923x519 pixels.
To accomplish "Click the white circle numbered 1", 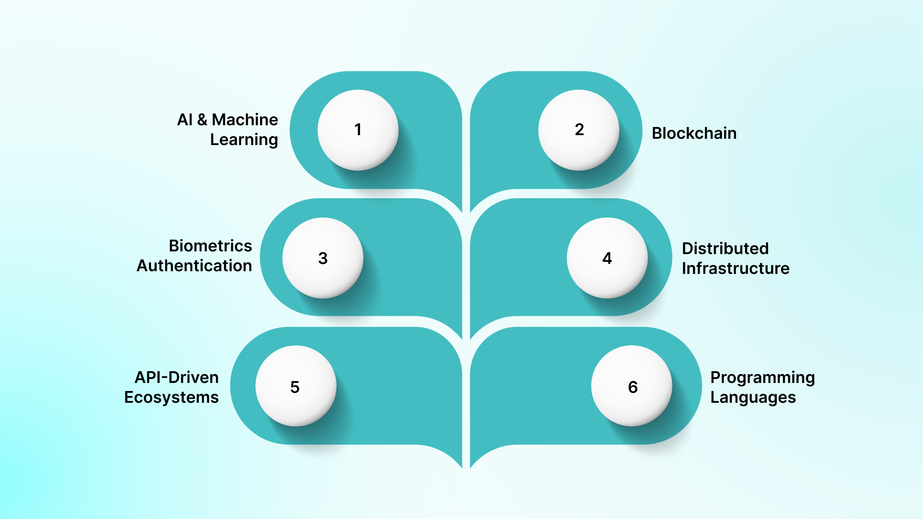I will (358, 130).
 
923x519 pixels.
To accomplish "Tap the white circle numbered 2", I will (579, 130).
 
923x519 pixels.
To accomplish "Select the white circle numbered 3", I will (323, 258).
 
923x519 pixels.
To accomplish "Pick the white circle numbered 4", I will (607, 258).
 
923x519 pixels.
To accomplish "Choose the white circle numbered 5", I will (296, 386).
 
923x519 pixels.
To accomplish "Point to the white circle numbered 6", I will (632, 386).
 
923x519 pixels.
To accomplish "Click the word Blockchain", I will (694, 133).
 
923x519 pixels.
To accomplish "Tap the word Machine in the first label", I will (245, 120).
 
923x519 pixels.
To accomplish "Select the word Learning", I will (244, 140).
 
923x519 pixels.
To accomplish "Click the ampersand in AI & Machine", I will (202, 120).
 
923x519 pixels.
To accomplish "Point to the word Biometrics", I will (210, 246).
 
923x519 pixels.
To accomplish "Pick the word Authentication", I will (194, 266).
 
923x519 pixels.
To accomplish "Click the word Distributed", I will (725, 249).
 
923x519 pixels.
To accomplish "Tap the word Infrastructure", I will (736, 269).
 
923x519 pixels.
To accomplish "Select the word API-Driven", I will (177, 378).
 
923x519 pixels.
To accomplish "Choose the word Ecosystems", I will (171, 397).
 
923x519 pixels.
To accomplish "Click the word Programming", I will (763, 378).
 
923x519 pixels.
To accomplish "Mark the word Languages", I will (753, 397).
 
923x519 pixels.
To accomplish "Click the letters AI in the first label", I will (185, 120).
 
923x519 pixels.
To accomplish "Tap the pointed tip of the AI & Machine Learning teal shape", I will (461, 211).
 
